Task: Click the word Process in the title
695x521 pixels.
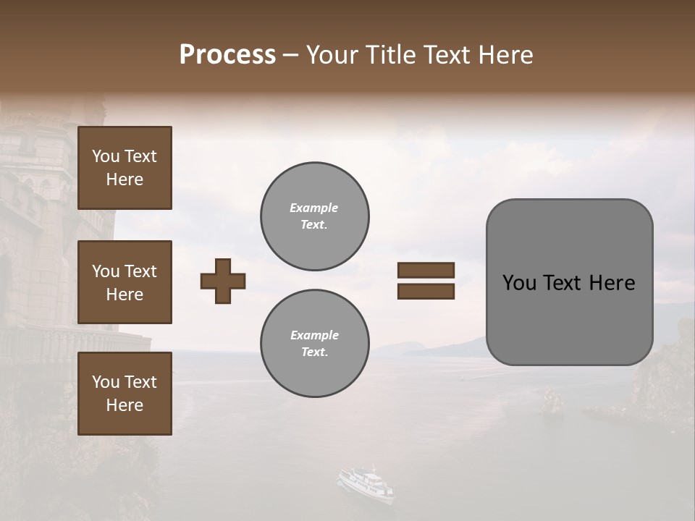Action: pyautogui.click(x=227, y=55)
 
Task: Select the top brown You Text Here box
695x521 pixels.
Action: pyautogui.click(x=125, y=168)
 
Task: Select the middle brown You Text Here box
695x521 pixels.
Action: pyautogui.click(x=125, y=282)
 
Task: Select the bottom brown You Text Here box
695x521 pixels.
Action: pyautogui.click(x=125, y=394)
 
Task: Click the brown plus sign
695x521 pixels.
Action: pyautogui.click(x=223, y=281)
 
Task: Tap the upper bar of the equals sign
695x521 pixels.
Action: pyautogui.click(x=426, y=270)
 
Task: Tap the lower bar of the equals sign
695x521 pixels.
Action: pyautogui.click(x=426, y=292)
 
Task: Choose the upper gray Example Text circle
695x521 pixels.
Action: pyautogui.click(x=315, y=216)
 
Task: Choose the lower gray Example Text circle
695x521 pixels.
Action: pyautogui.click(x=315, y=343)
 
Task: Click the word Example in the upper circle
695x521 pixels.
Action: pyautogui.click(x=314, y=208)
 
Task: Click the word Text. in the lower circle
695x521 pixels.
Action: pyautogui.click(x=314, y=352)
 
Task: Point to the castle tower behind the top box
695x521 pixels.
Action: pyautogui.click(x=43, y=181)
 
